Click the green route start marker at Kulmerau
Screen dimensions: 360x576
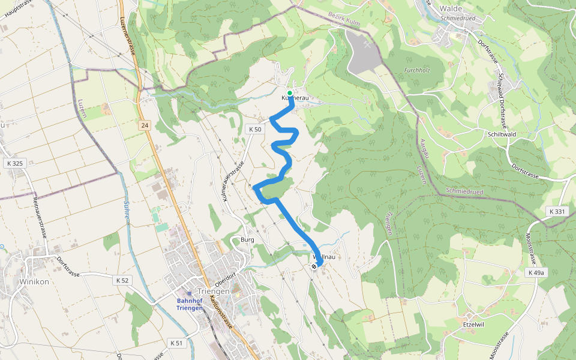point(290,93)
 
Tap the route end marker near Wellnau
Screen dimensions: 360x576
point(314,267)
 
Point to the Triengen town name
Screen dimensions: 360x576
point(213,291)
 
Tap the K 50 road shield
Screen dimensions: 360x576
point(254,129)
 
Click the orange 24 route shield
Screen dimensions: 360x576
point(144,125)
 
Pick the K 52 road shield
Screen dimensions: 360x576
point(122,280)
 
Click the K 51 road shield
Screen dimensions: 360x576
point(176,343)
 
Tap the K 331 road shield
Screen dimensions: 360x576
point(557,212)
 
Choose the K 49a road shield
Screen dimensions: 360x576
point(536,272)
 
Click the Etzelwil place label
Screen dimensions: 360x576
point(473,325)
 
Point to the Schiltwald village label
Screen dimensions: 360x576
point(502,134)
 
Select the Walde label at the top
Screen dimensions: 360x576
point(450,8)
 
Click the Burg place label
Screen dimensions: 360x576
point(247,240)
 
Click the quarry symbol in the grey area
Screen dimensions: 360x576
point(366,44)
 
